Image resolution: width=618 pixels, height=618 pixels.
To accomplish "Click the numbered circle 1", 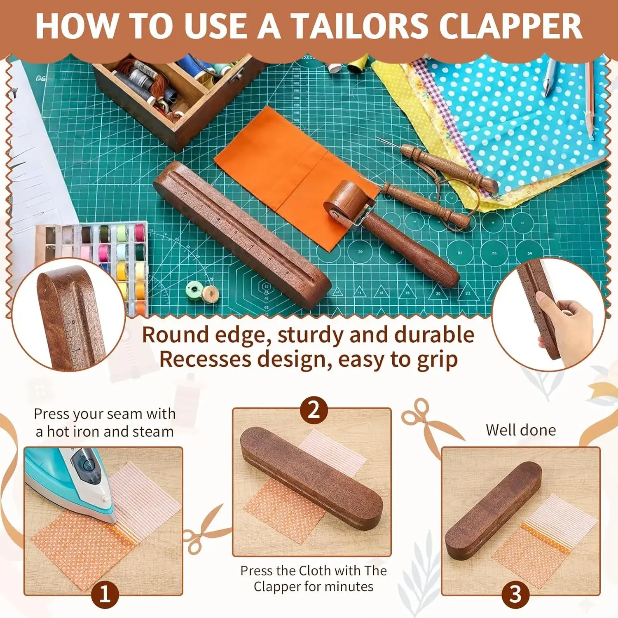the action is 105,595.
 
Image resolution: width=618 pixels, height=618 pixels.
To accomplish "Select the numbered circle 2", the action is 314,410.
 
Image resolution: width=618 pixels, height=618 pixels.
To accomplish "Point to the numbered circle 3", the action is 515,595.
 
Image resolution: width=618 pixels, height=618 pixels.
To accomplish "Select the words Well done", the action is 521,430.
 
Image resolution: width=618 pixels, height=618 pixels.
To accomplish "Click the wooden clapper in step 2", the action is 311,478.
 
